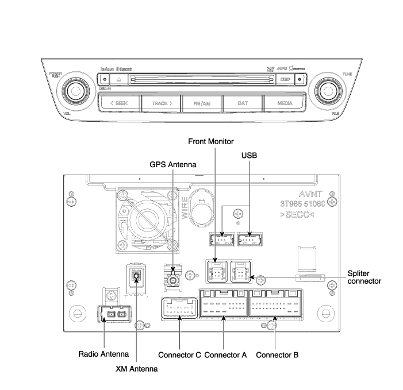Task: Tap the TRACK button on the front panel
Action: click(162, 103)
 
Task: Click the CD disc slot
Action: click(198, 79)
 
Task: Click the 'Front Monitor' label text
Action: click(214, 141)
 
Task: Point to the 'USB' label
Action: click(250, 155)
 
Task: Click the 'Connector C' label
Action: click(179, 355)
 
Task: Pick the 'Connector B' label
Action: click(277, 355)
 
